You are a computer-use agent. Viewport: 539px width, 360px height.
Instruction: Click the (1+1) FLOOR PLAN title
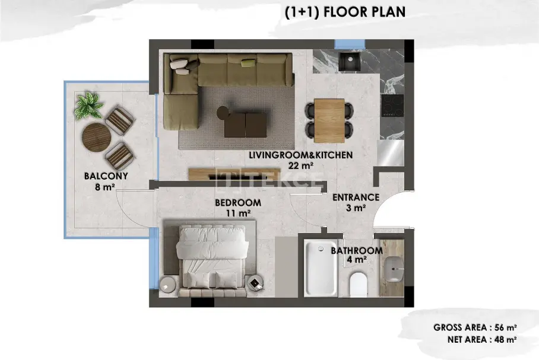[345, 12]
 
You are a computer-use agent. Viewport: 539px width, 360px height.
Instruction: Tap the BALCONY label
[106, 176]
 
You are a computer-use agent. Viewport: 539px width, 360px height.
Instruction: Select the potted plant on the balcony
[88, 106]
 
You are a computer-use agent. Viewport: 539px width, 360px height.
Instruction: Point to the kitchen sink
[350, 62]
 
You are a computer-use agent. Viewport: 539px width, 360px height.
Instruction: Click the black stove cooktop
[392, 106]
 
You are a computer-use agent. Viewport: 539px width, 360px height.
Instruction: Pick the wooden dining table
[329, 120]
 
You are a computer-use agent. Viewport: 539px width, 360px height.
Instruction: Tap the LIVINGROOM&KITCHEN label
[301, 155]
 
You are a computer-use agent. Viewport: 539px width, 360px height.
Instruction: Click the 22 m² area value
[301, 165]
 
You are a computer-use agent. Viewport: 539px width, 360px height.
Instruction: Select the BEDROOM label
[238, 203]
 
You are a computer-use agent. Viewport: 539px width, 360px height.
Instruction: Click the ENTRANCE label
[356, 197]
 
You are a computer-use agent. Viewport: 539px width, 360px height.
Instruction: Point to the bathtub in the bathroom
[321, 268]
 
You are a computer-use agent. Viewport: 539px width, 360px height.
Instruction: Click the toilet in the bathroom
[358, 285]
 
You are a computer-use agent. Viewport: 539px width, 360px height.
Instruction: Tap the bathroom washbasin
[394, 269]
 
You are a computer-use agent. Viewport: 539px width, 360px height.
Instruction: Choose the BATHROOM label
[357, 251]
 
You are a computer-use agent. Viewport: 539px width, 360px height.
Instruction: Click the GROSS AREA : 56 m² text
[475, 327]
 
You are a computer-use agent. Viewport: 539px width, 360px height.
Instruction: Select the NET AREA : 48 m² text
[482, 340]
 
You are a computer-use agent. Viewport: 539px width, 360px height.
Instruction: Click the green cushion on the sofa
[249, 62]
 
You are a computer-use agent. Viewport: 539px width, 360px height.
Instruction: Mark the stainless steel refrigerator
[391, 153]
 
